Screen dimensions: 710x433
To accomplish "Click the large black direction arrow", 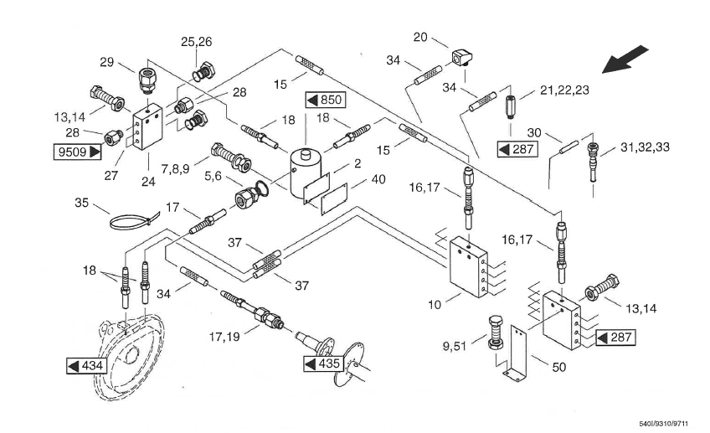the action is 625,59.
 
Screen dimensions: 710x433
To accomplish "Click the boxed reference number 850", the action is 326,100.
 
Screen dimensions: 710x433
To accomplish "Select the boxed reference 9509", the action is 77,152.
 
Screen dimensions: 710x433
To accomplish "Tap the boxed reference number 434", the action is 86,365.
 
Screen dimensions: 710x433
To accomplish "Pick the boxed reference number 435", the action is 323,363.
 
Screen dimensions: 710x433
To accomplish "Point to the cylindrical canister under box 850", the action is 306,174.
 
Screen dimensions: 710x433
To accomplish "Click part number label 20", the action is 420,37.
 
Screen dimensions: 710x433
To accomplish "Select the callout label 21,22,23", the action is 564,90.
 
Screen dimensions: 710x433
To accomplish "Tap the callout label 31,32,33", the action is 645,147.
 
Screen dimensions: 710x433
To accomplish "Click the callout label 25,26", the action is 196,42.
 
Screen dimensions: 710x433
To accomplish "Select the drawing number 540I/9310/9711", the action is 663,424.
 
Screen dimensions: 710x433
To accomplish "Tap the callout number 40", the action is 378,179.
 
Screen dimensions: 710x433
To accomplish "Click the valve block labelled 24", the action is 148,126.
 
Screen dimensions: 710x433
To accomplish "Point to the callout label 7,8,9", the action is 175,169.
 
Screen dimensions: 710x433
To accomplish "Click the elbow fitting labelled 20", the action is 461,57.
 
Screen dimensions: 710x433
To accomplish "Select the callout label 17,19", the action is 224,337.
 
